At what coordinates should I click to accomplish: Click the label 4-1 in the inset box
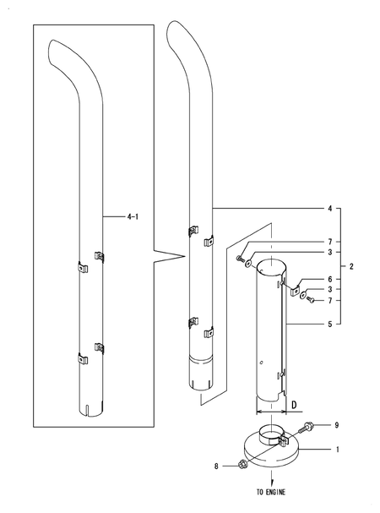pos(133,217)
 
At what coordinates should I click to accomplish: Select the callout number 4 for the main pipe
pos(328,207)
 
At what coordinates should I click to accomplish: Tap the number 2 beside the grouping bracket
pos(350,266)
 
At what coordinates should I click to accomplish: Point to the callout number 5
pos(328,323)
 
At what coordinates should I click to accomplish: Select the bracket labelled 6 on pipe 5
pos(296,290)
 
